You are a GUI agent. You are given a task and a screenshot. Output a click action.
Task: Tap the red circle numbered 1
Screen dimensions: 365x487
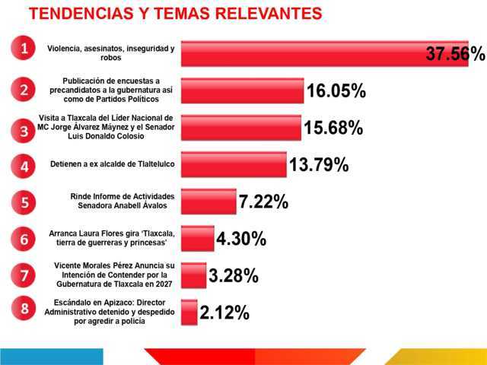(24, 49)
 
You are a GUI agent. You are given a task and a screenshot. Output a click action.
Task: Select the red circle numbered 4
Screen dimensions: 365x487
(24, 165)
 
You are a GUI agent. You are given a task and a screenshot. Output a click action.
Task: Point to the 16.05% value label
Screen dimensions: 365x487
(336, 92)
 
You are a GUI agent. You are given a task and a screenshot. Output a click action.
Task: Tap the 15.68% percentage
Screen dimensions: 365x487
(333, 128)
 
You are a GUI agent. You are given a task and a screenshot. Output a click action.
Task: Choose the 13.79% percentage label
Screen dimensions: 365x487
(318, 164)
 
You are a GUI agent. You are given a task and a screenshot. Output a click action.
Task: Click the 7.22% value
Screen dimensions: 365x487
(263, 202)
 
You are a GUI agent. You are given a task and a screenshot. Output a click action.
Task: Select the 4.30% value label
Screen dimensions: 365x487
(241, 239)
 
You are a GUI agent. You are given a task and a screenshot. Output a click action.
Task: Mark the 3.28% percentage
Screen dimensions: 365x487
(234, 275)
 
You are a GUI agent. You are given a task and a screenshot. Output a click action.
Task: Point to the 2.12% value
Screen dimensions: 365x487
(224, 312)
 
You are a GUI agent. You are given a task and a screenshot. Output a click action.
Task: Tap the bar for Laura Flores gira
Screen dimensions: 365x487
(199, 239)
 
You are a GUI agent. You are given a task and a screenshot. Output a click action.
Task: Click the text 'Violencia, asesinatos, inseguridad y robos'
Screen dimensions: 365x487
(110, 52)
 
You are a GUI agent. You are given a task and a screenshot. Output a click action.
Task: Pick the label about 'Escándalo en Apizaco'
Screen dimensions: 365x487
(110, 312)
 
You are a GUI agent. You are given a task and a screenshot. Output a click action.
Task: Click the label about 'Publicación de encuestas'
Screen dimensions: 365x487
(111, 89)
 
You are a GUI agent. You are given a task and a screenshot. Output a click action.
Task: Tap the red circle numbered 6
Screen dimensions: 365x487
(24, 239)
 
